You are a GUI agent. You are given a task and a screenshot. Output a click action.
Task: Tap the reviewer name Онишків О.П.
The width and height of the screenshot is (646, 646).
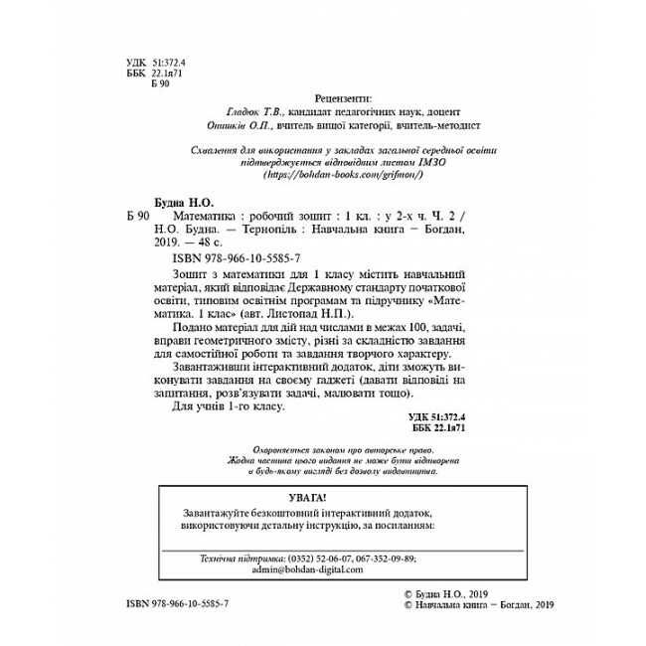tap(244, 126)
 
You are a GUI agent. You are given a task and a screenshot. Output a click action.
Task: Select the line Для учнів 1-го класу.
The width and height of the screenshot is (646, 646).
tap(229, 408)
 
